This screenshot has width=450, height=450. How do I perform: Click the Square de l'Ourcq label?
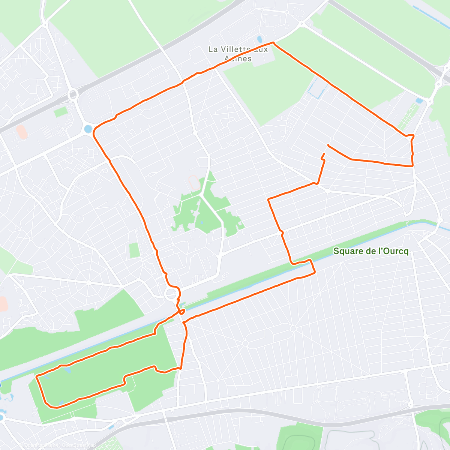pyautogui.click(x=370, y=251)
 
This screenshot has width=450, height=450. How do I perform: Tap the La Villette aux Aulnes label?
pyautogui.click(x=238, y=54)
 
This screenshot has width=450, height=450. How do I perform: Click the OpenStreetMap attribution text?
pyautogui.click(x=60, y=445)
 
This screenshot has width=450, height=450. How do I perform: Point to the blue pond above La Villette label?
pyautogui.click(x=259, y=39)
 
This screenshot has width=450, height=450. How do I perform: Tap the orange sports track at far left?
pyautogui.click(x=21, y=132)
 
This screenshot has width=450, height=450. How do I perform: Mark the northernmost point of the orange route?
pyautogui.click(x=273, y=43)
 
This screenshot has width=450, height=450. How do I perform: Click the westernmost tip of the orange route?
pyautogui.click(x=36, y=376)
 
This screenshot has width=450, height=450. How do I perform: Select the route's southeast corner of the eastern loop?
pyautogui.click(x=412, y=165)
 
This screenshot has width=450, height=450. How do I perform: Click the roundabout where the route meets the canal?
pyautogui.click(x=172, y=293)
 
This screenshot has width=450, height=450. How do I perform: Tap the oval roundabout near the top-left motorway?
pyautogui.click(x=73, y=93)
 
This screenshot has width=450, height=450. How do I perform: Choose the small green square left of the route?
pyautogui.click(x=134, y=250)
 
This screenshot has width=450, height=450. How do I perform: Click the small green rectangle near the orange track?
pyautogui.click(x=60, y=111)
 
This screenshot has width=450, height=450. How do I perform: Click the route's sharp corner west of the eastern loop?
pyautogui.click(x=268, y=200)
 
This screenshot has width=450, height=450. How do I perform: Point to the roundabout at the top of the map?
pyautogui.click(x=301, y=24)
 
